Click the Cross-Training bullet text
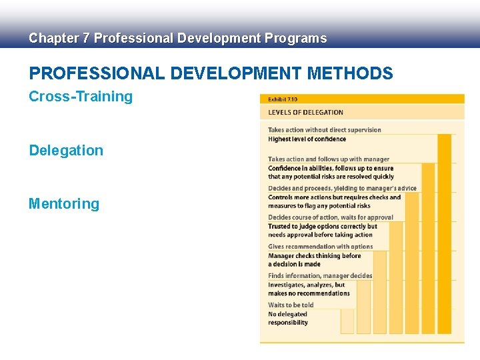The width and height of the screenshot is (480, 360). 81,97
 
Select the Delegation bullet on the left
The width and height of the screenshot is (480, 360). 66,151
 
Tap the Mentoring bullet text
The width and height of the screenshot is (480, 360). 64,204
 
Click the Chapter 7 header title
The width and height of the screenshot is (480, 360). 177,38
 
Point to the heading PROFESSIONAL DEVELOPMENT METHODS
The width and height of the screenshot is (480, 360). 211,73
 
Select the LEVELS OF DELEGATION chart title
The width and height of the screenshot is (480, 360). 305,113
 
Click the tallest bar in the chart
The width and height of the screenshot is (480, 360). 444,233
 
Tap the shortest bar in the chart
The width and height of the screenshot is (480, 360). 347,321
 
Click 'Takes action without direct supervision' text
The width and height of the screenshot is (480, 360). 325,130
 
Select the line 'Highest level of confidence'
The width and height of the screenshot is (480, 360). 307,139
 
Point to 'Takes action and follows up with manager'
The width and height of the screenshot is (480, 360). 329,159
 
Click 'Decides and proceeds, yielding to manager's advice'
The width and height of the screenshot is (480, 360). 342,188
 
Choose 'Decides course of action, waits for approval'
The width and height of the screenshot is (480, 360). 331,217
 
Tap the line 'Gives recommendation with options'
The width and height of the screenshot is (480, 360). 321,247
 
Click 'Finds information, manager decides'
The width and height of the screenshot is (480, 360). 320,276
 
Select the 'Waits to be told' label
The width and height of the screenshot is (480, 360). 291,305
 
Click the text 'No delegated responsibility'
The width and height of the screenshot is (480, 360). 288,319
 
